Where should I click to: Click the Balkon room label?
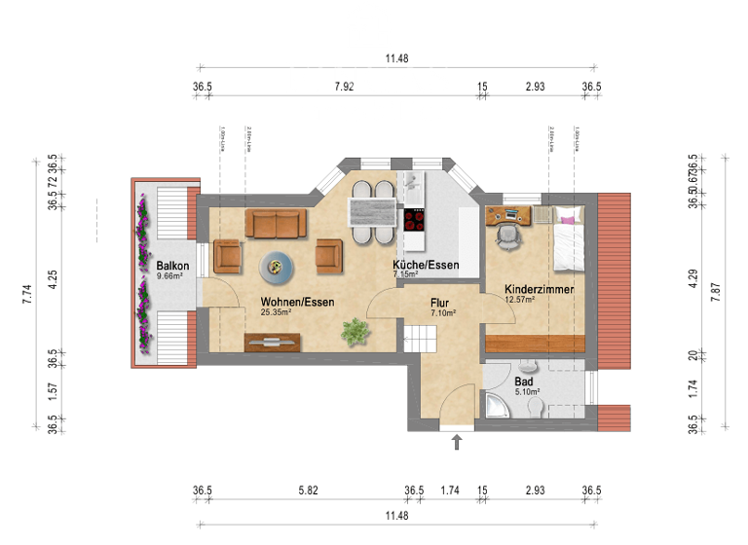pos(171,265)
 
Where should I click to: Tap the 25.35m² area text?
pos(276,313)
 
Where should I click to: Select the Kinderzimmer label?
pos(539,289)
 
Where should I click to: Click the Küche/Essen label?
pos(426,265)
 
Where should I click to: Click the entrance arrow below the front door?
pos(457,444)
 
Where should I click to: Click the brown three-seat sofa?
pos(277,224)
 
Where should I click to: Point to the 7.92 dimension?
pos(344,88)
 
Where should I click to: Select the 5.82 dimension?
pos(309,490)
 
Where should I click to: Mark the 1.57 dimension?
pos(53,389)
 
